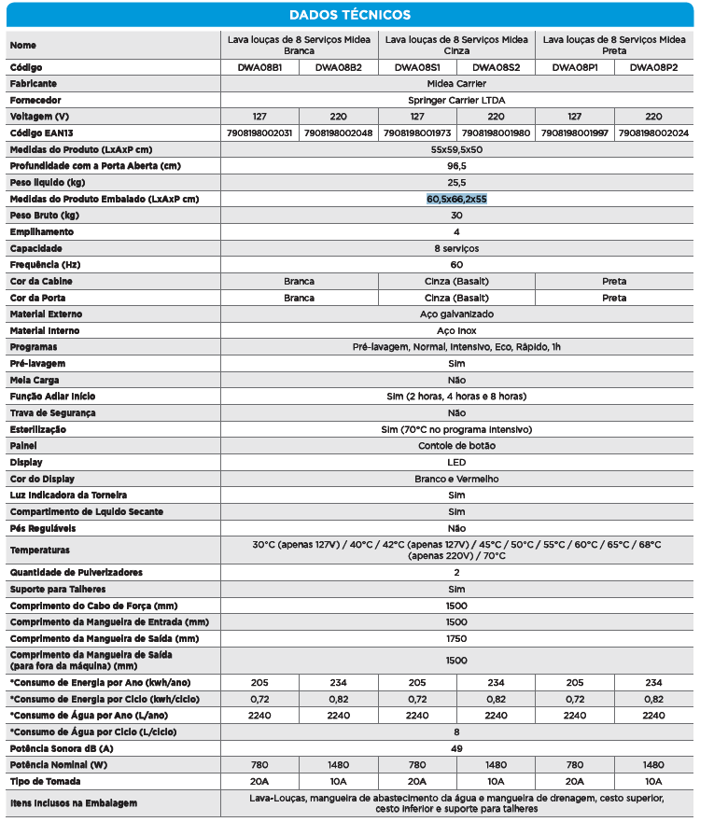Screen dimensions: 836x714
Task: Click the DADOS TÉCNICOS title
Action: (x=349, y=15)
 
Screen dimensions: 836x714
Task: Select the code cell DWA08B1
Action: (x=260, y=68)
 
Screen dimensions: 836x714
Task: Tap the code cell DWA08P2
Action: (x=653, y=68)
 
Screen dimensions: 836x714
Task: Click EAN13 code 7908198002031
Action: (x=260, y=132)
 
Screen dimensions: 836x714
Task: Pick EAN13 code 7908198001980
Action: (x=496, y=132)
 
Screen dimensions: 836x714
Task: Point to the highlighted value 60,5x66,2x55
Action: (x=456, y=199)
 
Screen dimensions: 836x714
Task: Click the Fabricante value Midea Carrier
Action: (x=456, y=84)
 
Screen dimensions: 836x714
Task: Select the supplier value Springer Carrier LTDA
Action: (x=456, y=100)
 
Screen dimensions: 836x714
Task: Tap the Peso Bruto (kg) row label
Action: (x=43, y=215)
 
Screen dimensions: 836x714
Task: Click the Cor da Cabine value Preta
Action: (x=614, y=281)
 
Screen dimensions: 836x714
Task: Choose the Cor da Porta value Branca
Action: (x=299, y=298)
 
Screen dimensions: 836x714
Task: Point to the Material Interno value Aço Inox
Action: (x=456, y=330)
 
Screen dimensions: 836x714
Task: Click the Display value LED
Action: (x=456, y=462)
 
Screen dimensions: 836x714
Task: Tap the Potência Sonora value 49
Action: (x=456, y=747)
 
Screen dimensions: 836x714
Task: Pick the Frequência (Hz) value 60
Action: (x=456, y=265)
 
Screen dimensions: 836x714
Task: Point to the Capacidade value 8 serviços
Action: (x=456, y=248)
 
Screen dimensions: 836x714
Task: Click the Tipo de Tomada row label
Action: (x=45, y=780)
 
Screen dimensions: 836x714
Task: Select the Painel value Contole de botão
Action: (x=456, y=446)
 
